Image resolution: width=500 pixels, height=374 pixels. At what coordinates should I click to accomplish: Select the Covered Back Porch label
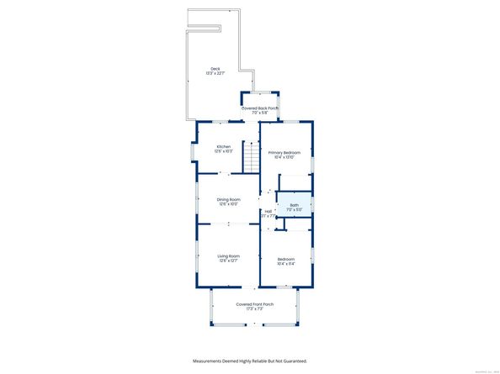tap(260, 108)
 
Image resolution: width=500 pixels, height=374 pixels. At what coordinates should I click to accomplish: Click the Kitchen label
tap(223, 146)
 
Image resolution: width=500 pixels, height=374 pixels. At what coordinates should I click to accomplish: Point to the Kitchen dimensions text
tap(223, 151)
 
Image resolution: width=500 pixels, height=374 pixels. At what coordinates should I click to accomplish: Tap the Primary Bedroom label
tap(285, 152)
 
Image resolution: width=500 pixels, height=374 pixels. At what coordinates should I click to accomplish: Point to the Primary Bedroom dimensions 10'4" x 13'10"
tap(285, 157)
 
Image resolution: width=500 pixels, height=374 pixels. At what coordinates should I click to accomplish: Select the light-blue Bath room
tap(295, 207)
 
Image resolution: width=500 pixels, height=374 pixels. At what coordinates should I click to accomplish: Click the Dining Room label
tap(229, 199)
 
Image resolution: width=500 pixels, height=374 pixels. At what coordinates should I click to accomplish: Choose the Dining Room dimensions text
tap(229, 204)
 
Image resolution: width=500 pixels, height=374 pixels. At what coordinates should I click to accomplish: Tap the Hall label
tap(268, 211)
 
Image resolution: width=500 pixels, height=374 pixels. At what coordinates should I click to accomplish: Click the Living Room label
tap(229, 255)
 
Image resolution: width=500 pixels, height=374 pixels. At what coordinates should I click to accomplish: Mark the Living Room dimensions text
tap(229, 261)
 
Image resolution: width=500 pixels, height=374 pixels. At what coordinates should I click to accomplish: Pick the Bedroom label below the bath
tap(285, 259)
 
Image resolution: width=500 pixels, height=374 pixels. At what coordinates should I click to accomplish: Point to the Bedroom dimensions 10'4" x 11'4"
tap(285, 264)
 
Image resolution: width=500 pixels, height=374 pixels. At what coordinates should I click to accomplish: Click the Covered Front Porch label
tap(255, 303)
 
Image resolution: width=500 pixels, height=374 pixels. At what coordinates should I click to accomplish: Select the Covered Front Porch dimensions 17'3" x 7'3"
tap(255, 308)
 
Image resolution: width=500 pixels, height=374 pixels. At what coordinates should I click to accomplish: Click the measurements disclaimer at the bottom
tap(250, 361)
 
